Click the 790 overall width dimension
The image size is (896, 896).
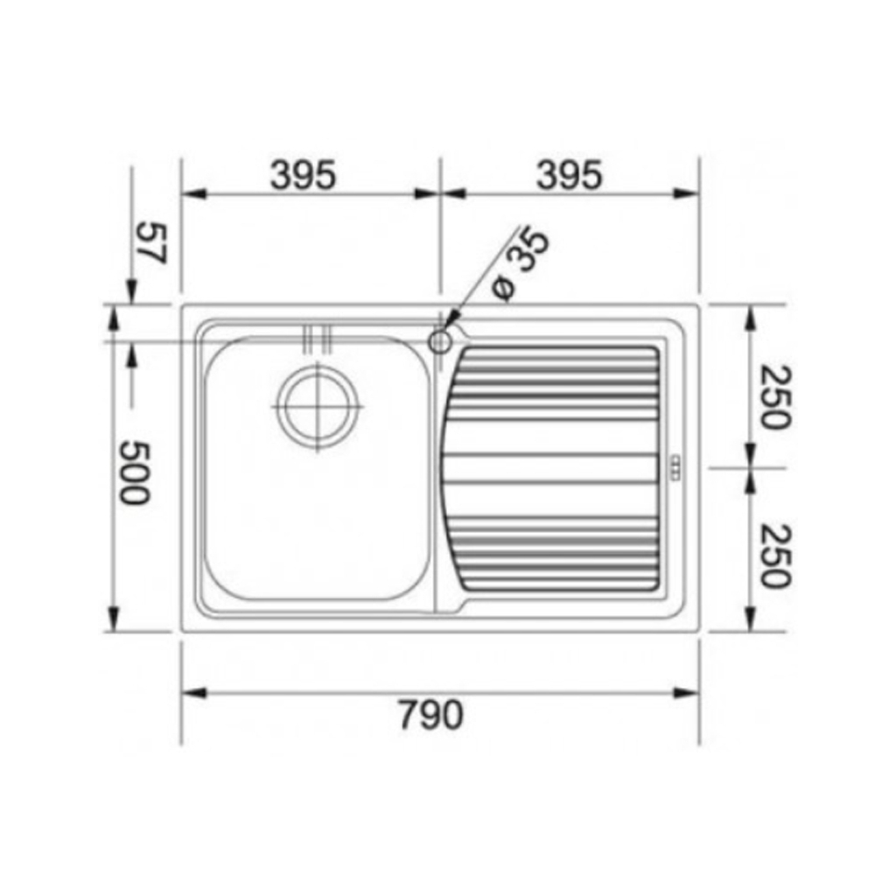tap(430, 715)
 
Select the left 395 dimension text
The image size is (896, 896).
tap(303, 175)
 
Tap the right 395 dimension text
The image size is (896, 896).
tap(569, 175)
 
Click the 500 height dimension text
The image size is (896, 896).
tap(134, 472)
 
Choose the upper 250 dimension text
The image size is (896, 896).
tap(775, 397)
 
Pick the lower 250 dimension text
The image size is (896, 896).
tap(775, 556)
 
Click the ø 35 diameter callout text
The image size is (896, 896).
tap(521, 264)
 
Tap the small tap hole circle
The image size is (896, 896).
tap(440, 342)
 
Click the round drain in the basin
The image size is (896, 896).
tap(318, 407)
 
